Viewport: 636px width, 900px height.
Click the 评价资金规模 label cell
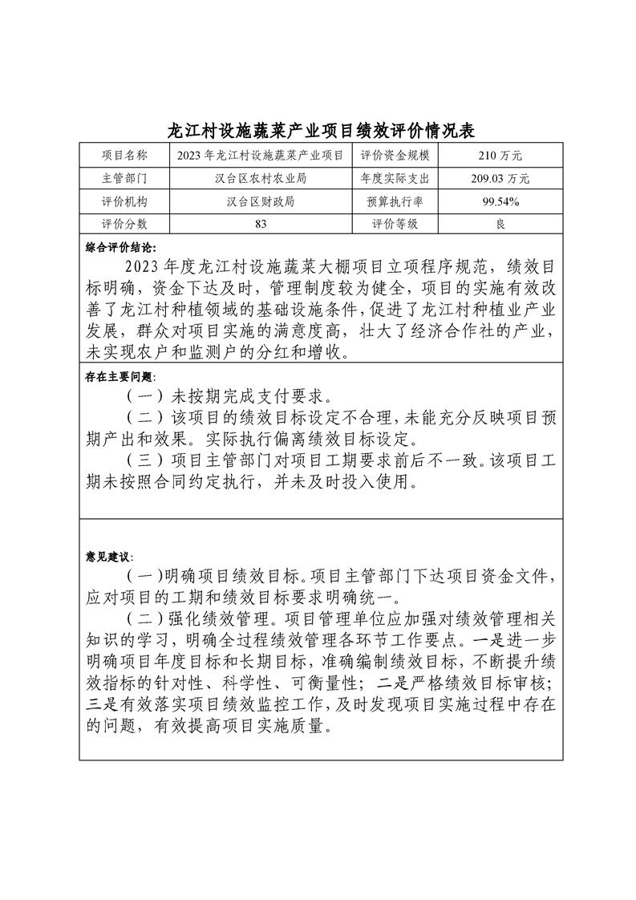pos(396,156)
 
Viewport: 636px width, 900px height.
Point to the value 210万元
pos(500,156)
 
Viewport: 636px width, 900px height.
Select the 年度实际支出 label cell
pos(396,179)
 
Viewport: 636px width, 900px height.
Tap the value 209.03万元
pos(500,179)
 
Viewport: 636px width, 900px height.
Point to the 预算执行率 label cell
pos(396,202)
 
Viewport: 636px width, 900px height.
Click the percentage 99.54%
pos(500,202)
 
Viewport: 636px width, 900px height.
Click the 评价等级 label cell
pos(396,225)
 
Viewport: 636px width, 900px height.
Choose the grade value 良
pos(500,225)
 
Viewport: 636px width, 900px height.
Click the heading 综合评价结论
pos(121,246)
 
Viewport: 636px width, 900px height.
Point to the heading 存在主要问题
pos(121,376)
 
